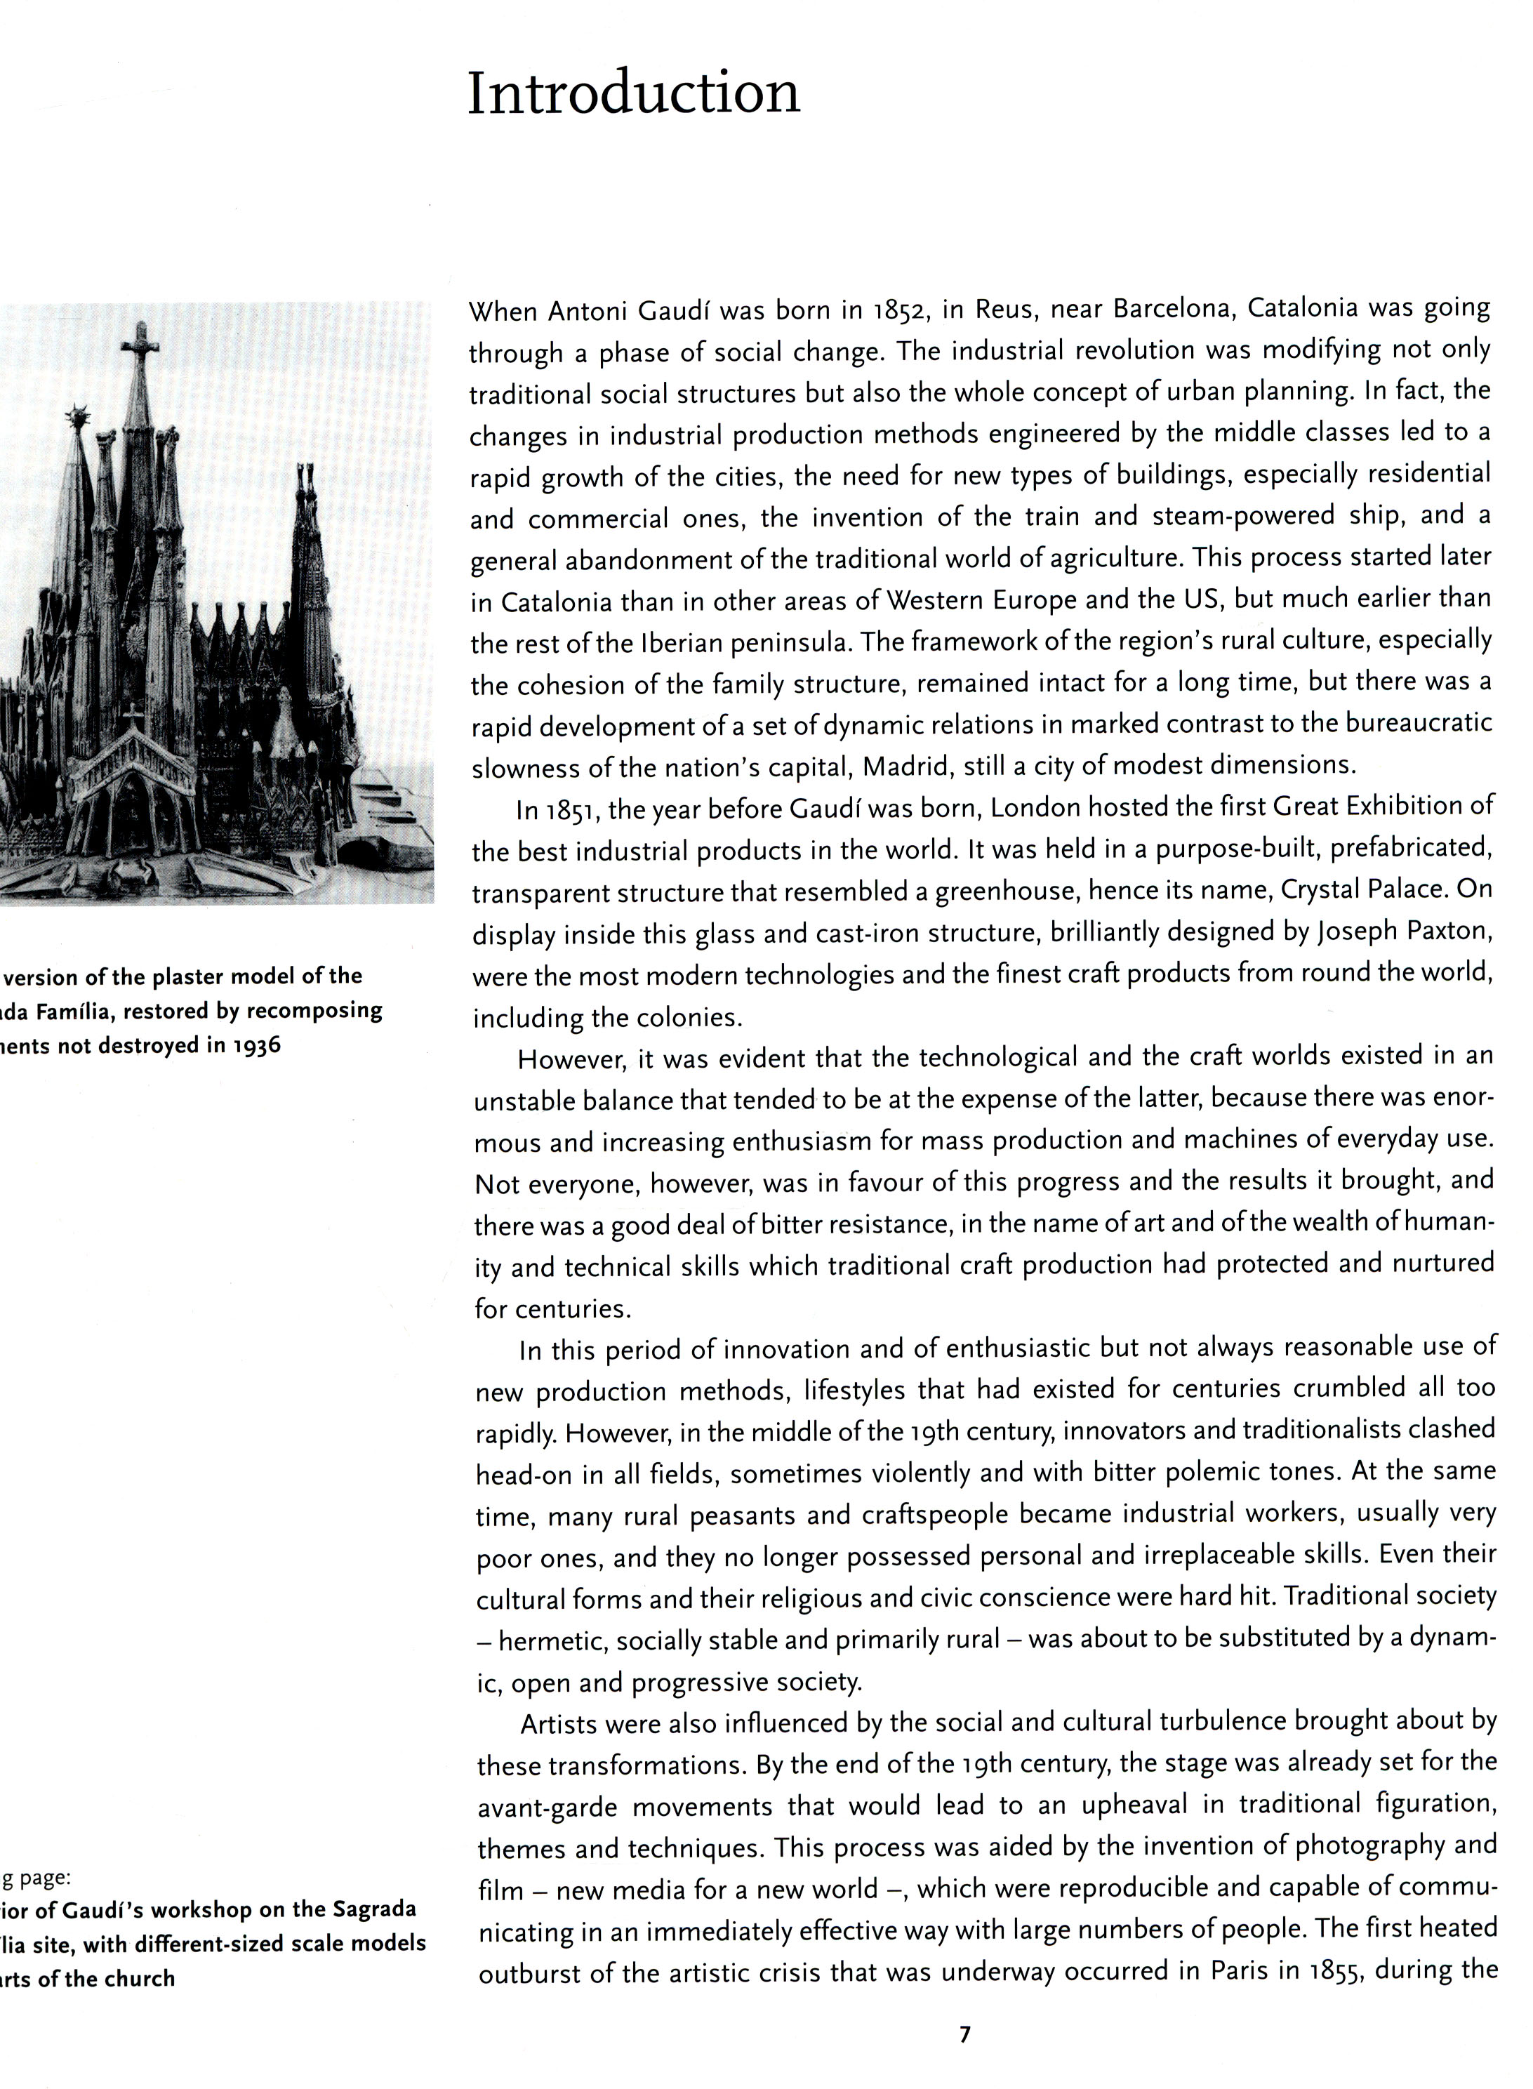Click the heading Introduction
click(x=633, y=94)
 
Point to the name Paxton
click(x=1449, y=931)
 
